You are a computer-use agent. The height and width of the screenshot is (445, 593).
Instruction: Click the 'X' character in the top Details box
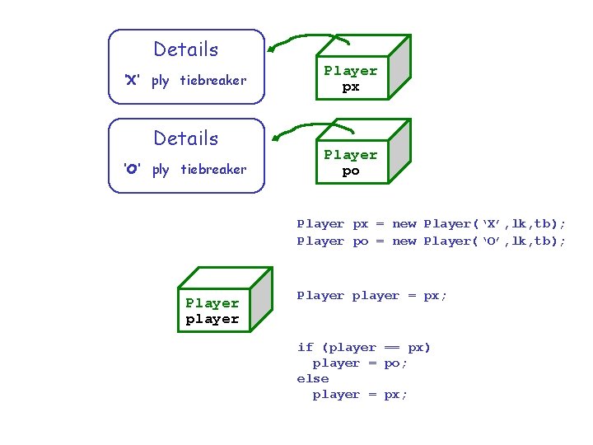tap(131, 81)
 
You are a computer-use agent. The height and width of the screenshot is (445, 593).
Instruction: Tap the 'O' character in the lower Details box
tap(132, 170)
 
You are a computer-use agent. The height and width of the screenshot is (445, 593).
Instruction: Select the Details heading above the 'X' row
tap(186, 49)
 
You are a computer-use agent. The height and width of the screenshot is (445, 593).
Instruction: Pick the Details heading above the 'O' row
tap(186, 138)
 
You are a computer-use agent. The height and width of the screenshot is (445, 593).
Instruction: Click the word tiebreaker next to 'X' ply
tap(213, 81)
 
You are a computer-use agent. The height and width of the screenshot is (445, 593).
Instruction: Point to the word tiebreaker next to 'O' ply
tap(213, 170)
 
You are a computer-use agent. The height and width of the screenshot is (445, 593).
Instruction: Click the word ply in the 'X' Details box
tap(161, 81)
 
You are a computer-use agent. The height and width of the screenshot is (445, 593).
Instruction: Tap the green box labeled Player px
tap(351, 78)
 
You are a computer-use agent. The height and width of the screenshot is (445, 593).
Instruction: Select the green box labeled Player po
tap(351, 162)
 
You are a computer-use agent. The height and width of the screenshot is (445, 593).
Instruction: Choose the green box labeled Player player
tap(212, 311)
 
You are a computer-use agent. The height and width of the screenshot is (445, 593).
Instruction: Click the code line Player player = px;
tap(372, 296)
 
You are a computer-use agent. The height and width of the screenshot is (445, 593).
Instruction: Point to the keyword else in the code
tap(313, 379)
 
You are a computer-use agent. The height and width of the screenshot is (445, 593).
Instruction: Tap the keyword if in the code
tap(305, 348)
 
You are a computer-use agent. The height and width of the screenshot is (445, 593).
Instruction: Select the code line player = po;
tap(360, 363)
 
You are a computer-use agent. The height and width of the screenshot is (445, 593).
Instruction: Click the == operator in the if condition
tap(392, 348)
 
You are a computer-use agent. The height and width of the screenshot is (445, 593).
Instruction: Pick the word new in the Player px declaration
tap(404, 224)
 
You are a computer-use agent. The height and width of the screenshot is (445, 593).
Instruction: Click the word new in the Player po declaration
tap(404, 241)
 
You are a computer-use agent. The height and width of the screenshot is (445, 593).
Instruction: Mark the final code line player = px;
tap(360, 395)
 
